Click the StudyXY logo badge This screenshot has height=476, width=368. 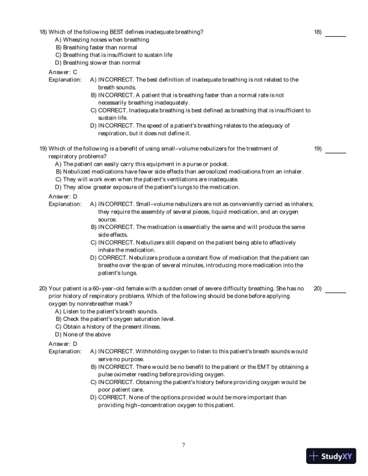pyautogui.click(x=333, y=456)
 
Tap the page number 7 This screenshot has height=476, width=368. pyautogui.click(x=183, y=445)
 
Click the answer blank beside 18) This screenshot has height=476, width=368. pyautogui.click(x=336, y=35)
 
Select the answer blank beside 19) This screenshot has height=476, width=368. pyautogui.click(x=336, y=151)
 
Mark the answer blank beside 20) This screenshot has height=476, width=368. pyautogui.click(x=336, y=291)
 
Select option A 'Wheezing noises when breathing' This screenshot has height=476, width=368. pyautogui.click(x=102, y=39)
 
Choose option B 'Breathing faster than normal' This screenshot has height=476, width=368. pyautogui.click(x=96, y=47)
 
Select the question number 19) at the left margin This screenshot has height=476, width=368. pyautogui.click(x=43, y=148)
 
